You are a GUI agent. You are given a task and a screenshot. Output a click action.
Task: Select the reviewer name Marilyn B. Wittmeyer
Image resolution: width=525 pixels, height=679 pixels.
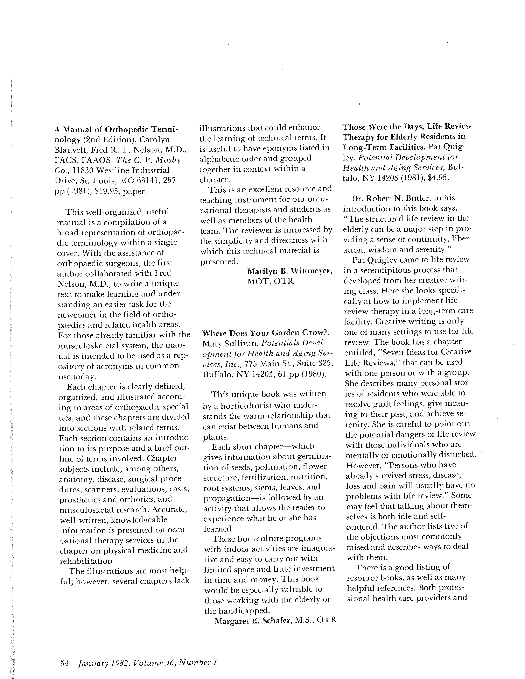pyautogui.click(x=289, y=271)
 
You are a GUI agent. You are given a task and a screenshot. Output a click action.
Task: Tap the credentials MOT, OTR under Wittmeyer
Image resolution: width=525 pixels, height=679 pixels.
pyautogui.click(x=270, y=281)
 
